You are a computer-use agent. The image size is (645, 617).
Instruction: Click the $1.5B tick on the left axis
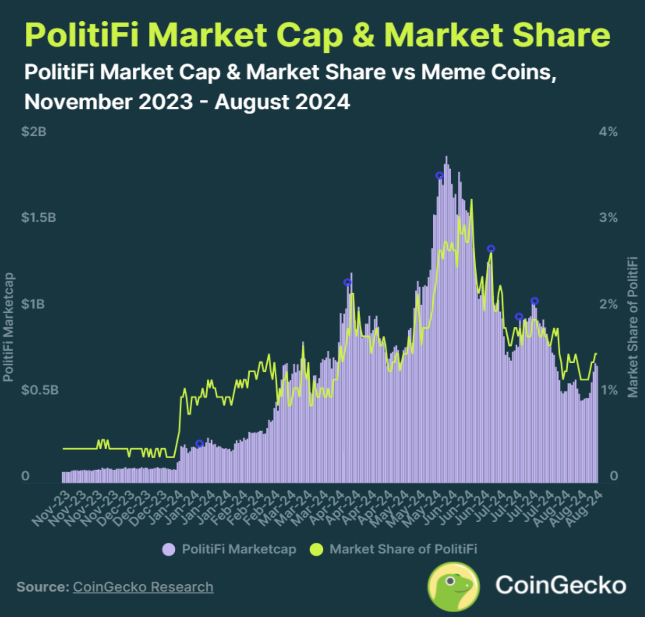click(38, 218)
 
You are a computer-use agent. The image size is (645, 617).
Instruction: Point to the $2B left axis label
click(34, 132)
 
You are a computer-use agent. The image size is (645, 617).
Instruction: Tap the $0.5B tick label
click(40, 390)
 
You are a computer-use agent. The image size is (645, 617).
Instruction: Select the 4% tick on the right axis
click(608, 132)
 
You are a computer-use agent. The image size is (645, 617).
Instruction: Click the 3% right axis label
click(608, 218)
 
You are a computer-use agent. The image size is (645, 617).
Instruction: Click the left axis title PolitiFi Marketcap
click(8, 327)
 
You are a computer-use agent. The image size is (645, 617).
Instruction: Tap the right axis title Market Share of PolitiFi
click(633, 327)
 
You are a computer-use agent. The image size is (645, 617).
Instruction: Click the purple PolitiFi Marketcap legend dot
click(169, 550)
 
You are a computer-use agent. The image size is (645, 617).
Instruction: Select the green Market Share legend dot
click(316, 550)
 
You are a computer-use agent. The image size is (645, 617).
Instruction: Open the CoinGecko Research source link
click(143, 587)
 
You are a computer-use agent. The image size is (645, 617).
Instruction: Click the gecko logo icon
click(454, 586)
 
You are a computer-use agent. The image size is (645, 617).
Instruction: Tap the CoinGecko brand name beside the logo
click(560, 585)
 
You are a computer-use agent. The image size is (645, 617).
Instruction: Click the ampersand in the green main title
click(366, 36)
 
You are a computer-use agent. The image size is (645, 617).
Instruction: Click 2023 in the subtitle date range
click(166, 102)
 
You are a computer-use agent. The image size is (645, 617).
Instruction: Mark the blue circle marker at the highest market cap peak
click(440, 176)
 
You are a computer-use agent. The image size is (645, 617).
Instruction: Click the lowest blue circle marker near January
click(199, 444)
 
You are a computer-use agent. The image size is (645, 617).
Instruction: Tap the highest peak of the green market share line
click(471, 200)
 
